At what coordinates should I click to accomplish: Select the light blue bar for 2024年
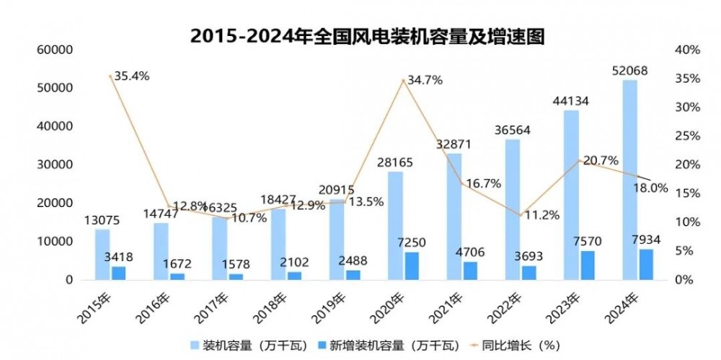(x=629, y=180)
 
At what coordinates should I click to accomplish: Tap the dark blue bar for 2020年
(x=411, y=265)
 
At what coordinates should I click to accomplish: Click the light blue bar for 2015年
(x=102, y=254)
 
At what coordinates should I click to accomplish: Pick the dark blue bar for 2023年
(x=588, y=265)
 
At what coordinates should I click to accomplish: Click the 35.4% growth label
(x=132, y=76)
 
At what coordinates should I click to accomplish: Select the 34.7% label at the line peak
(x=425, y=80)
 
